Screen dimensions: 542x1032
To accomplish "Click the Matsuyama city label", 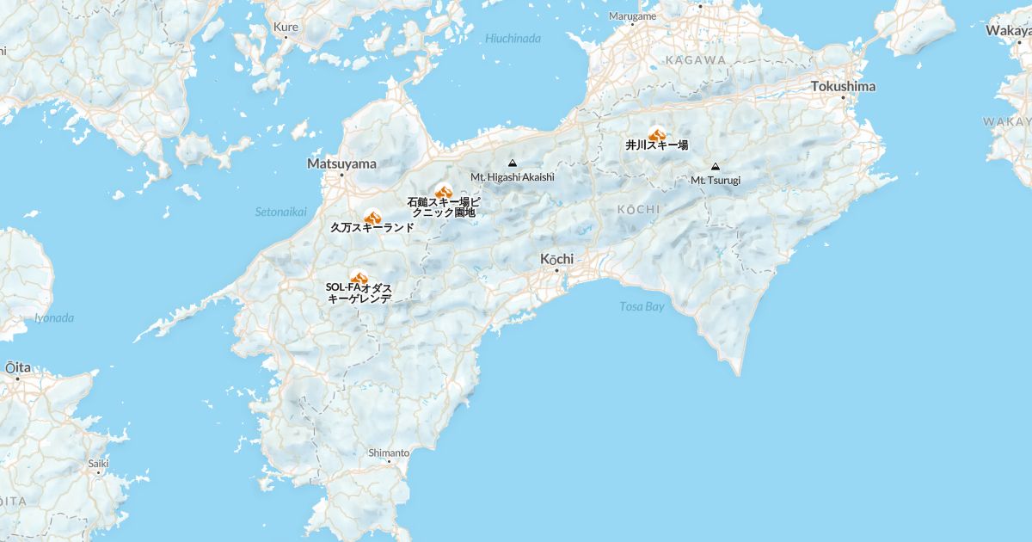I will [341, 163].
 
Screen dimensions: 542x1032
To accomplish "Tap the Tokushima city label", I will [843, 86].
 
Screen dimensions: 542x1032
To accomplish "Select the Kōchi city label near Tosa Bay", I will [556, 259].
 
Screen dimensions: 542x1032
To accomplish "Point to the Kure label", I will [286, 27].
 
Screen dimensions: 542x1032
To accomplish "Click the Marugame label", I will [632, 16].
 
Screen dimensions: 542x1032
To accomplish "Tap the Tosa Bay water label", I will [642, 306].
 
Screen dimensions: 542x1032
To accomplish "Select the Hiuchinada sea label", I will [513, 38].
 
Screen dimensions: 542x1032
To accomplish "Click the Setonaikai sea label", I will [280, 212].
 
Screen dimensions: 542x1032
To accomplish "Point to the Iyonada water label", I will [54, 317].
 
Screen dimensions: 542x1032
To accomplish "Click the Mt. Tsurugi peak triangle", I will [716, 167].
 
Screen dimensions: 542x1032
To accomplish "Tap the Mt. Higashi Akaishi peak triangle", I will [513, 163].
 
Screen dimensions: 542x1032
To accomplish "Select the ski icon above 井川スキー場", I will [657, 135].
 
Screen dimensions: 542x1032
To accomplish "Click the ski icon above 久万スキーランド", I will [372, 218].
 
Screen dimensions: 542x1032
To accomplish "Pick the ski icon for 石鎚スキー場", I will [444, 192].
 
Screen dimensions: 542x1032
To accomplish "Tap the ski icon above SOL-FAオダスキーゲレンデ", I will [359, 277].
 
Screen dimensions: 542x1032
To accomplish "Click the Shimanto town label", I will [389, 452].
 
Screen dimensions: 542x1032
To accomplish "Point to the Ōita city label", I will [18, 367].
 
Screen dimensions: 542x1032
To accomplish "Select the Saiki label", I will [98, 463].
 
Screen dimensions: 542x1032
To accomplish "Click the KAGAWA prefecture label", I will [695, 60].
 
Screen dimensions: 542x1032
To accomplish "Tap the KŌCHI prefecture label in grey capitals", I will [639, 209].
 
